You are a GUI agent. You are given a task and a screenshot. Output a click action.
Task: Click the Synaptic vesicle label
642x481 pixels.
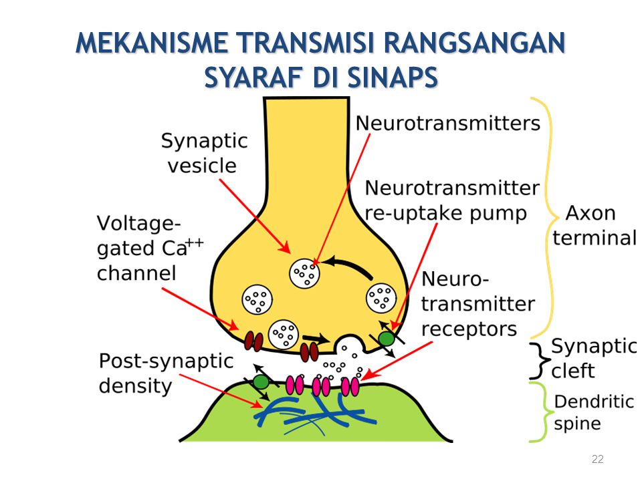point(204,153)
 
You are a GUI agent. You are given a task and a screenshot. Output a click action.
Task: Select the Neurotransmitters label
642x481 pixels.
point(447,124)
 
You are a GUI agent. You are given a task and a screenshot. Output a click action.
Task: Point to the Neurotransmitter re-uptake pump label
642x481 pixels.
point(452,200)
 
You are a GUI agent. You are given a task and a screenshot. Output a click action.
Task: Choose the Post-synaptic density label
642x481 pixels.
point(167,373)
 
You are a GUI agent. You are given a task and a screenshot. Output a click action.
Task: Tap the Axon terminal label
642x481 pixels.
point(594,226)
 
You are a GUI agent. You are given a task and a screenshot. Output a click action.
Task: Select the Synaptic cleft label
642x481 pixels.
point(591,357)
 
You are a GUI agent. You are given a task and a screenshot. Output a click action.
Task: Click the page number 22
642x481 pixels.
point(598,458)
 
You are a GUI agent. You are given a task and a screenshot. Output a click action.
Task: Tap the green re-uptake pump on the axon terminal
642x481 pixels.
point(387,338)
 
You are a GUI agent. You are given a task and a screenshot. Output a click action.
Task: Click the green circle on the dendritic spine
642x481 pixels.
point(261,382)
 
